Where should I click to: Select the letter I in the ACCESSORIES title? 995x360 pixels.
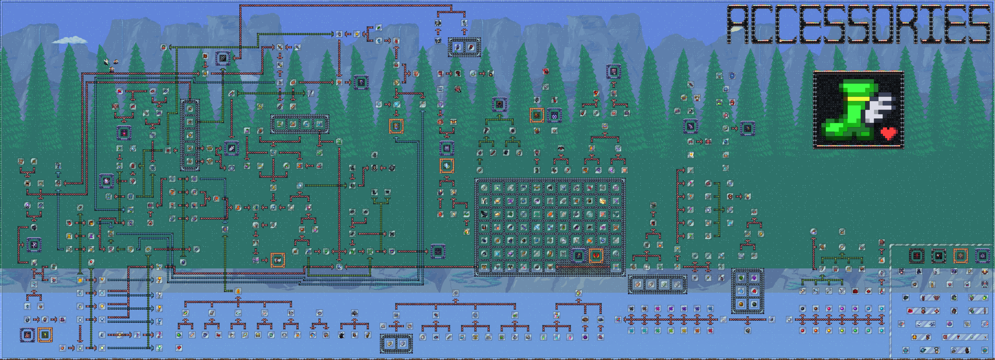click(x=930, y=24)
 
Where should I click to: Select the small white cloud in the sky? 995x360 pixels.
click(x=69, y=40)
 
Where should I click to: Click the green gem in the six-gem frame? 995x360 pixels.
click(x=741, y=278)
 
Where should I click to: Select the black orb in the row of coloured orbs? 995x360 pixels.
click(x=803, y=309)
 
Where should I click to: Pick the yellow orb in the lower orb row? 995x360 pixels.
click(x=829, y=331)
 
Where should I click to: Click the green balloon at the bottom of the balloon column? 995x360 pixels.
click(x=159, y=348)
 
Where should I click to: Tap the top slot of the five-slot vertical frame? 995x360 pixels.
click(x=190, y=109)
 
